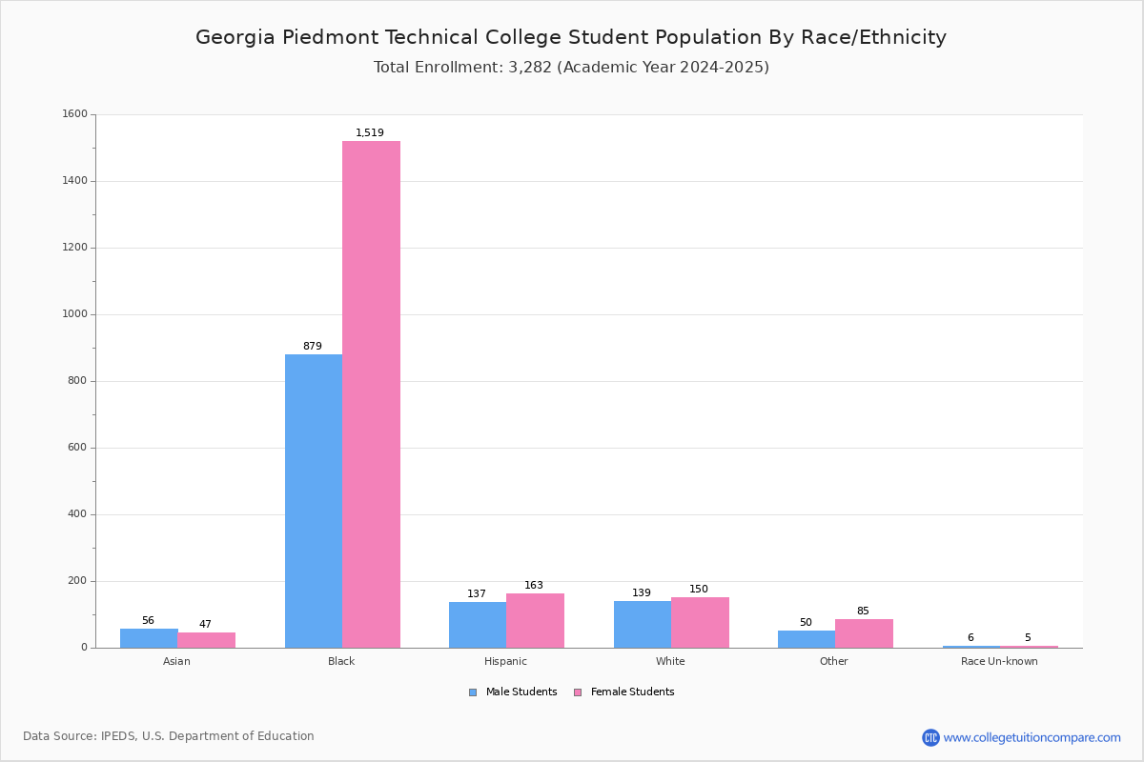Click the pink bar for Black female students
pyautogui.click(x=371, y=394)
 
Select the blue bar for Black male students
pyautogui.click(x=314, y=501)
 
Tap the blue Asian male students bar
pyautogui.click(x=149, y=638)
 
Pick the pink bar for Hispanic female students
pyautogui.click(x=535, y=621)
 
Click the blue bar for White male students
pyautogui.click(x=643, y=625)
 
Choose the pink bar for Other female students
pyautogui.click(x=864, y=634)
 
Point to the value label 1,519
pyautogui.click(x=370, y=132)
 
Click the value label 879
pyautogui.click(x=313, y=346)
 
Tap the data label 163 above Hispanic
pyautogui.click(x=534, y=585)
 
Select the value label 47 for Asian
pyautogui.click(x=205, y=624)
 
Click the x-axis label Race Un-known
pyautogui.click(x=999, y=661)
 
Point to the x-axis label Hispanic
pyautogui.click(x=505, y=661)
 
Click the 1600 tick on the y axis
pyautogui.click(x=75, y=113)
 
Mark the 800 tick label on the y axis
pyautogui.click(x=78, y=381)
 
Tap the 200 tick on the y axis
pyautogui.click(x=78, y=581)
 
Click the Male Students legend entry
pyautogui.click(x=513, y=692)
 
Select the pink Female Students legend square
pyautogui.click(x=578, y=692)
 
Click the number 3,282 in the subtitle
pyautogui.click(x=530, y=68)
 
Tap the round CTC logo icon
pyautogui.click(x=930, y=737)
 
